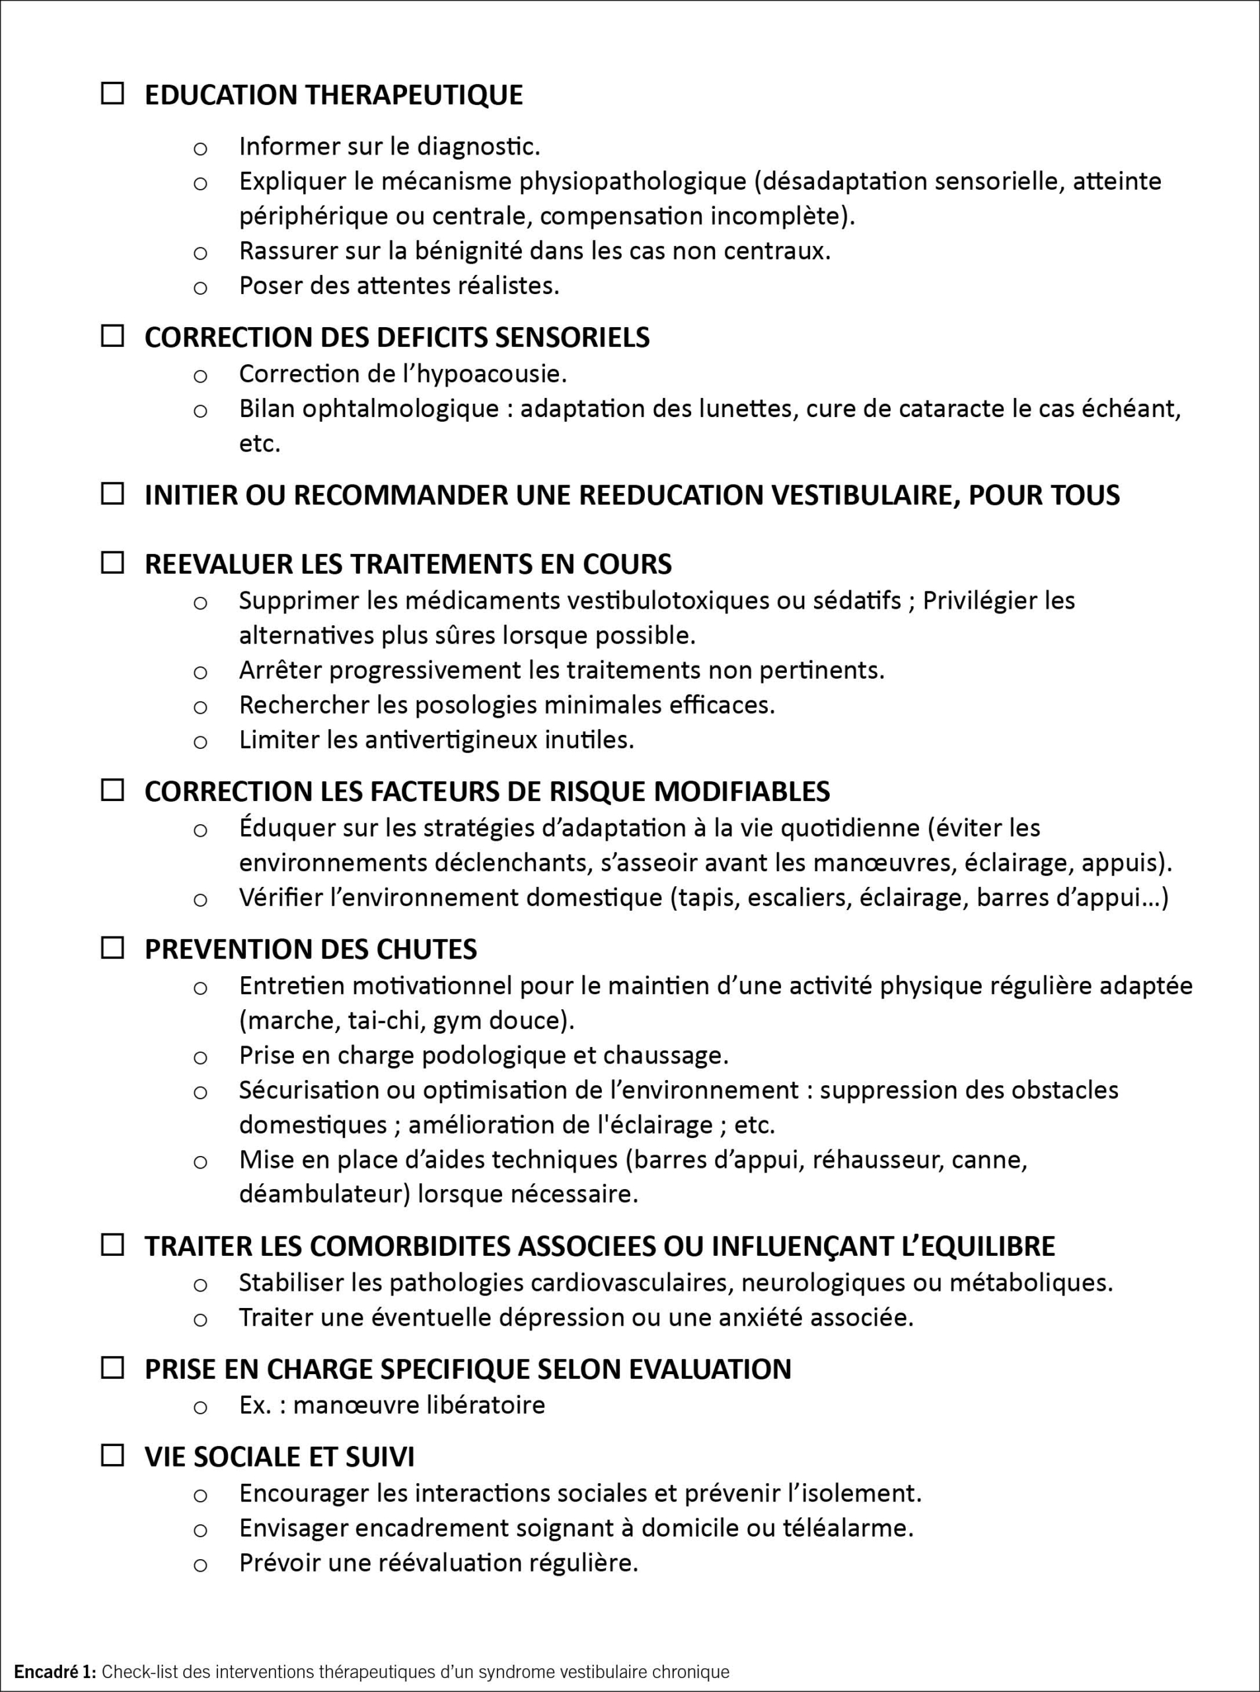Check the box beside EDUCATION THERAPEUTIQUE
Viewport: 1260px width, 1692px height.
point(112,94)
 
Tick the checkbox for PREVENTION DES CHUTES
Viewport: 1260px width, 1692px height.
point(112,948)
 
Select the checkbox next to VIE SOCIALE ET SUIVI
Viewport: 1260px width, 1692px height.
point(112,1455)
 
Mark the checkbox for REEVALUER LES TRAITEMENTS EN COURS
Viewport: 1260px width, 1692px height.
point(112,563)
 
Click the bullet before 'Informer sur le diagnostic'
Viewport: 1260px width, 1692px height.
point(200,148)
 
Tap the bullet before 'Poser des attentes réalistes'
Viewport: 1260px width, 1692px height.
point(200,288)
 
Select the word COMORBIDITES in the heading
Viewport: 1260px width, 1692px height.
point(410,1246)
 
